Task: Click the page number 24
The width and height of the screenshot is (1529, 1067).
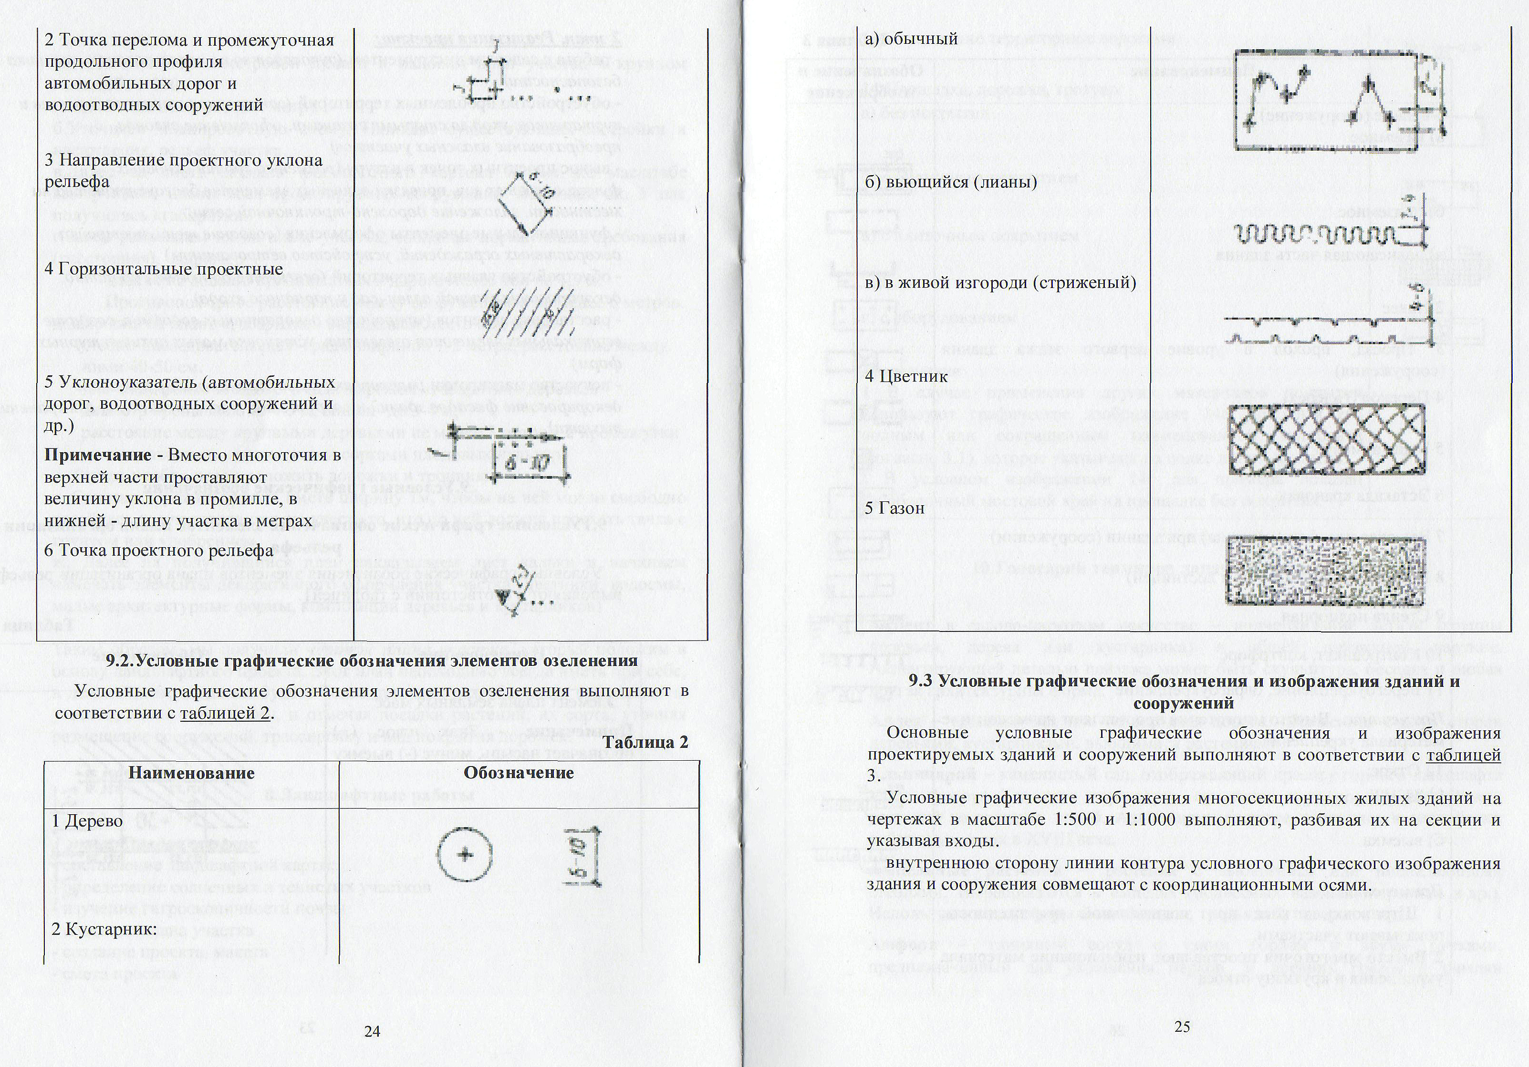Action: pyautogui.click(x=372, y=1031)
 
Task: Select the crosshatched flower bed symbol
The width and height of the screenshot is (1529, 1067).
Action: pyautogui.click(x=1328, y=439)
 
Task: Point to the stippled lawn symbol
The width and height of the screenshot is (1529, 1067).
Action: pyautogui.click(x=1327, y=570)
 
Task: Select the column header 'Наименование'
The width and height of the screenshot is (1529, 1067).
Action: pyautogui.click(x=192, y=773)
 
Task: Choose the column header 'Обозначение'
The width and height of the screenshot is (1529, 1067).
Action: pyautogui.click(x=519, y=773)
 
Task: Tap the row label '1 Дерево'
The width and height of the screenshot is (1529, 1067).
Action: pyautogui.click(x=88, y=821)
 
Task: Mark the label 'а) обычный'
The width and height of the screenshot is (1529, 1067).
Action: pyautogui.click(x=911, y=39)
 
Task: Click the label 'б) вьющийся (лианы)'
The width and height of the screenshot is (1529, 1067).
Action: pyautogui.click(x=951, y=182)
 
